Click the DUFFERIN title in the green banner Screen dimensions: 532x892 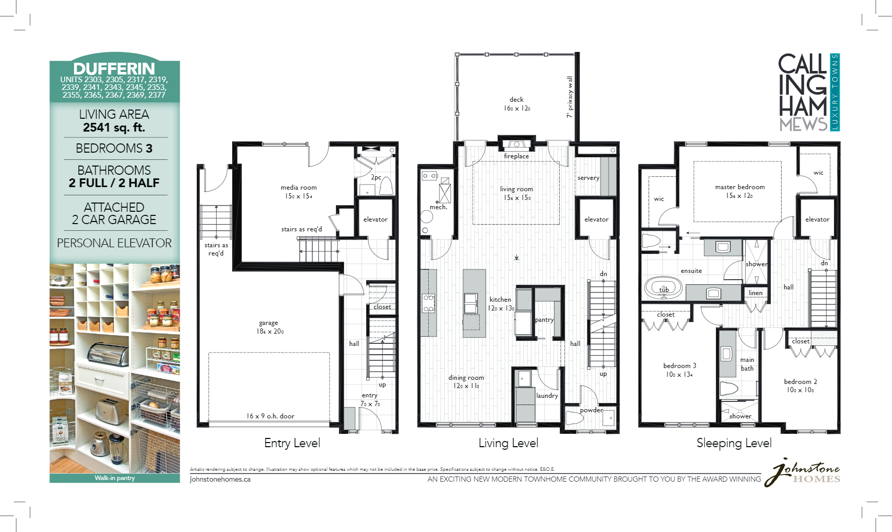pyautogui.click(x=114, y=68)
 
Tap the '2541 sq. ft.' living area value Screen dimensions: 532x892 pyautogui.click(x=114, y=127)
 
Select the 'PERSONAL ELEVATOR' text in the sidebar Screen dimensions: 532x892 pyautogui.click(x=114, y=243)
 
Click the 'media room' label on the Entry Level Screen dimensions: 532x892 pyautogui.click(x=298, y=188)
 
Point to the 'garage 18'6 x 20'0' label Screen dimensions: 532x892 pyautogui.click(x=269, y=327)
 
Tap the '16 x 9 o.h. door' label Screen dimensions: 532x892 pyautogui.click(x=270, y=416)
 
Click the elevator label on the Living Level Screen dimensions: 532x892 pyautogui.click(x=596, y=219)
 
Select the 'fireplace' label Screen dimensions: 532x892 pyautogui.click(x=516, y=156)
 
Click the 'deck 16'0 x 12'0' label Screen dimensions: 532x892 pyautogui.click(x=517, y=104)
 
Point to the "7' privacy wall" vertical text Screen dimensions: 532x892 pyautogui.click(x=570, y=97)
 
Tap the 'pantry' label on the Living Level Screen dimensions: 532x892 pyautogui.click(x=544, y=320)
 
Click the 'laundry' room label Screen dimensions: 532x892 pyautogui.click(x=547, y=395)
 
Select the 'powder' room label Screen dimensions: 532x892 pyautogui.click(x=591, y=410)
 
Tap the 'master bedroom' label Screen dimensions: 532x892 pyautogui.click(x=739, y=187)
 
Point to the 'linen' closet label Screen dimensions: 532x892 pyautogui.click(x=755, y=293)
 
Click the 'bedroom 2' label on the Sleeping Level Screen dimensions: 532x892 pyautogui.click(x=800, y=381)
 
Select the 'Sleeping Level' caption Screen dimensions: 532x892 pyautogui.click(x=734, y=443)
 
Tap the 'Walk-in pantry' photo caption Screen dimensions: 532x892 pyautogui.click(x=115, y=478)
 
